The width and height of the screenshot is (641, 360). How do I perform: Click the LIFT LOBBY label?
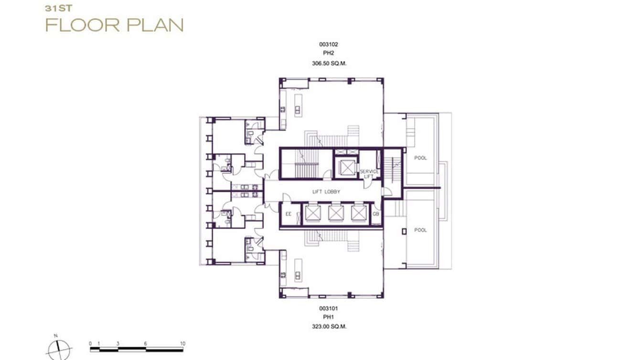point(326,192)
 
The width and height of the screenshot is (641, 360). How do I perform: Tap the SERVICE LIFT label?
point(369,174)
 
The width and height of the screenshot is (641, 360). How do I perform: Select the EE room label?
point(288,214)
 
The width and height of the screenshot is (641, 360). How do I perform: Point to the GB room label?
point(376,214)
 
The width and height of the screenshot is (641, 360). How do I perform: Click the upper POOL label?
point(420,158)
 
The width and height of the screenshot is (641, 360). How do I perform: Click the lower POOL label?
point(420,230)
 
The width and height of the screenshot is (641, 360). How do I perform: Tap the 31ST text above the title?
point(55,8)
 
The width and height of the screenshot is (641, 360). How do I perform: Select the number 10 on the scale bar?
point(182,344)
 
